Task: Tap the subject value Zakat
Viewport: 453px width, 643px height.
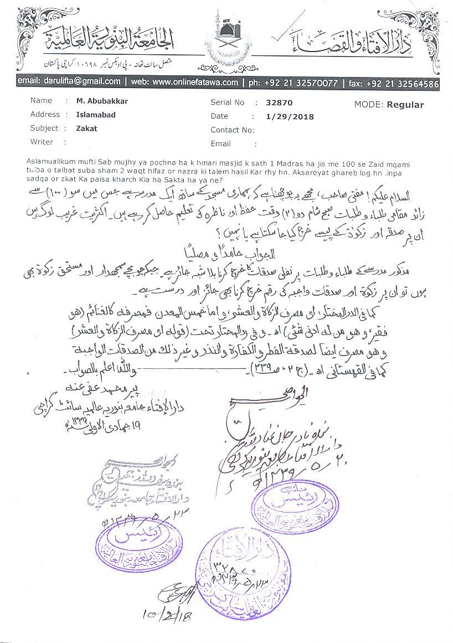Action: click(86, 128)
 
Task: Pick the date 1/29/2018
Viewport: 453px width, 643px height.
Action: click(290, 117)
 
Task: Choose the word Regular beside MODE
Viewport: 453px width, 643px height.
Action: click(405, 104)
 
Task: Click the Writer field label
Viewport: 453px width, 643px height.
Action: click(42, 142)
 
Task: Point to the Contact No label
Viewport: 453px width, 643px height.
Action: click(232, 131)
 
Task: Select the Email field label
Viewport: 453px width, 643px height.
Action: click(220, 144)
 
